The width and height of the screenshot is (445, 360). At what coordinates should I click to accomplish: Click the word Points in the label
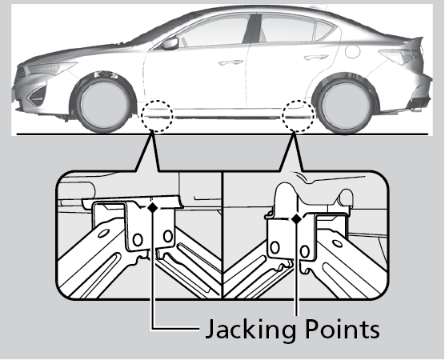[x=343, y=328]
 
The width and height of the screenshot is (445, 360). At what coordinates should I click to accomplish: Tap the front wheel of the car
[x=103, y=104]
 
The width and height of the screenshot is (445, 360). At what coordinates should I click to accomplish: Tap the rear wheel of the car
[x=345, y=106]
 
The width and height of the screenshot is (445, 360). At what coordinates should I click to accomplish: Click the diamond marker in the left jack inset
[x=153, y=207]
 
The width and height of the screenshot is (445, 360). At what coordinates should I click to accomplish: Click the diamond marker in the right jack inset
[x=297, y=218]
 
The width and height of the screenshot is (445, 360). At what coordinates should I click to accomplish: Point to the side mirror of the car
[x=170, y=43]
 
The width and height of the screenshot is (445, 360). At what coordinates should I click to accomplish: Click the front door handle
[x=231, y=62]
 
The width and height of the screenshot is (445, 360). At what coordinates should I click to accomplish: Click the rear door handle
[x=316, y=58]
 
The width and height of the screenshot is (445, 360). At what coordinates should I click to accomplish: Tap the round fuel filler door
[x=353, y=52]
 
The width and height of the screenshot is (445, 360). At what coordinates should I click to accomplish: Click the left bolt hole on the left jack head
[x=138, y=240]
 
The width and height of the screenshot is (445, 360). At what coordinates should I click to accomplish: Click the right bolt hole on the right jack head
[x=305, y=251]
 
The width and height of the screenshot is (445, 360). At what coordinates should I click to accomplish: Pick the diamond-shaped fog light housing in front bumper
[x=37, y=94]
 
